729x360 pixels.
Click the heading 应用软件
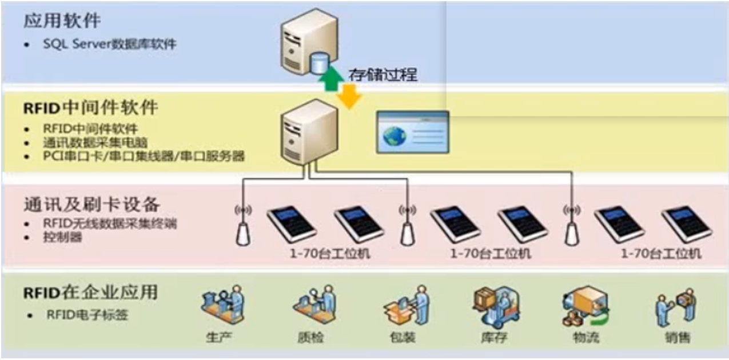point(62,21)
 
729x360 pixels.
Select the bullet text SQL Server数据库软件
point(109,44)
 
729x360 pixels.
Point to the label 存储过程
point(383,74)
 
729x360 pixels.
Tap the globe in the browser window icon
point(395,137)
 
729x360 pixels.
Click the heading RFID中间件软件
point(90,107)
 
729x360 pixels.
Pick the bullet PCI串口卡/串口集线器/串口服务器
point(144,155)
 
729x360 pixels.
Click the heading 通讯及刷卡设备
point(91,204)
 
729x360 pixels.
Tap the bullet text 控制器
point(62,236)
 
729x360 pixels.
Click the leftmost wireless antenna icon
point(244,226)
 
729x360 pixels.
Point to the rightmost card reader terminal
point(686,225)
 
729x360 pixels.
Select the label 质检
point(311,338)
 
